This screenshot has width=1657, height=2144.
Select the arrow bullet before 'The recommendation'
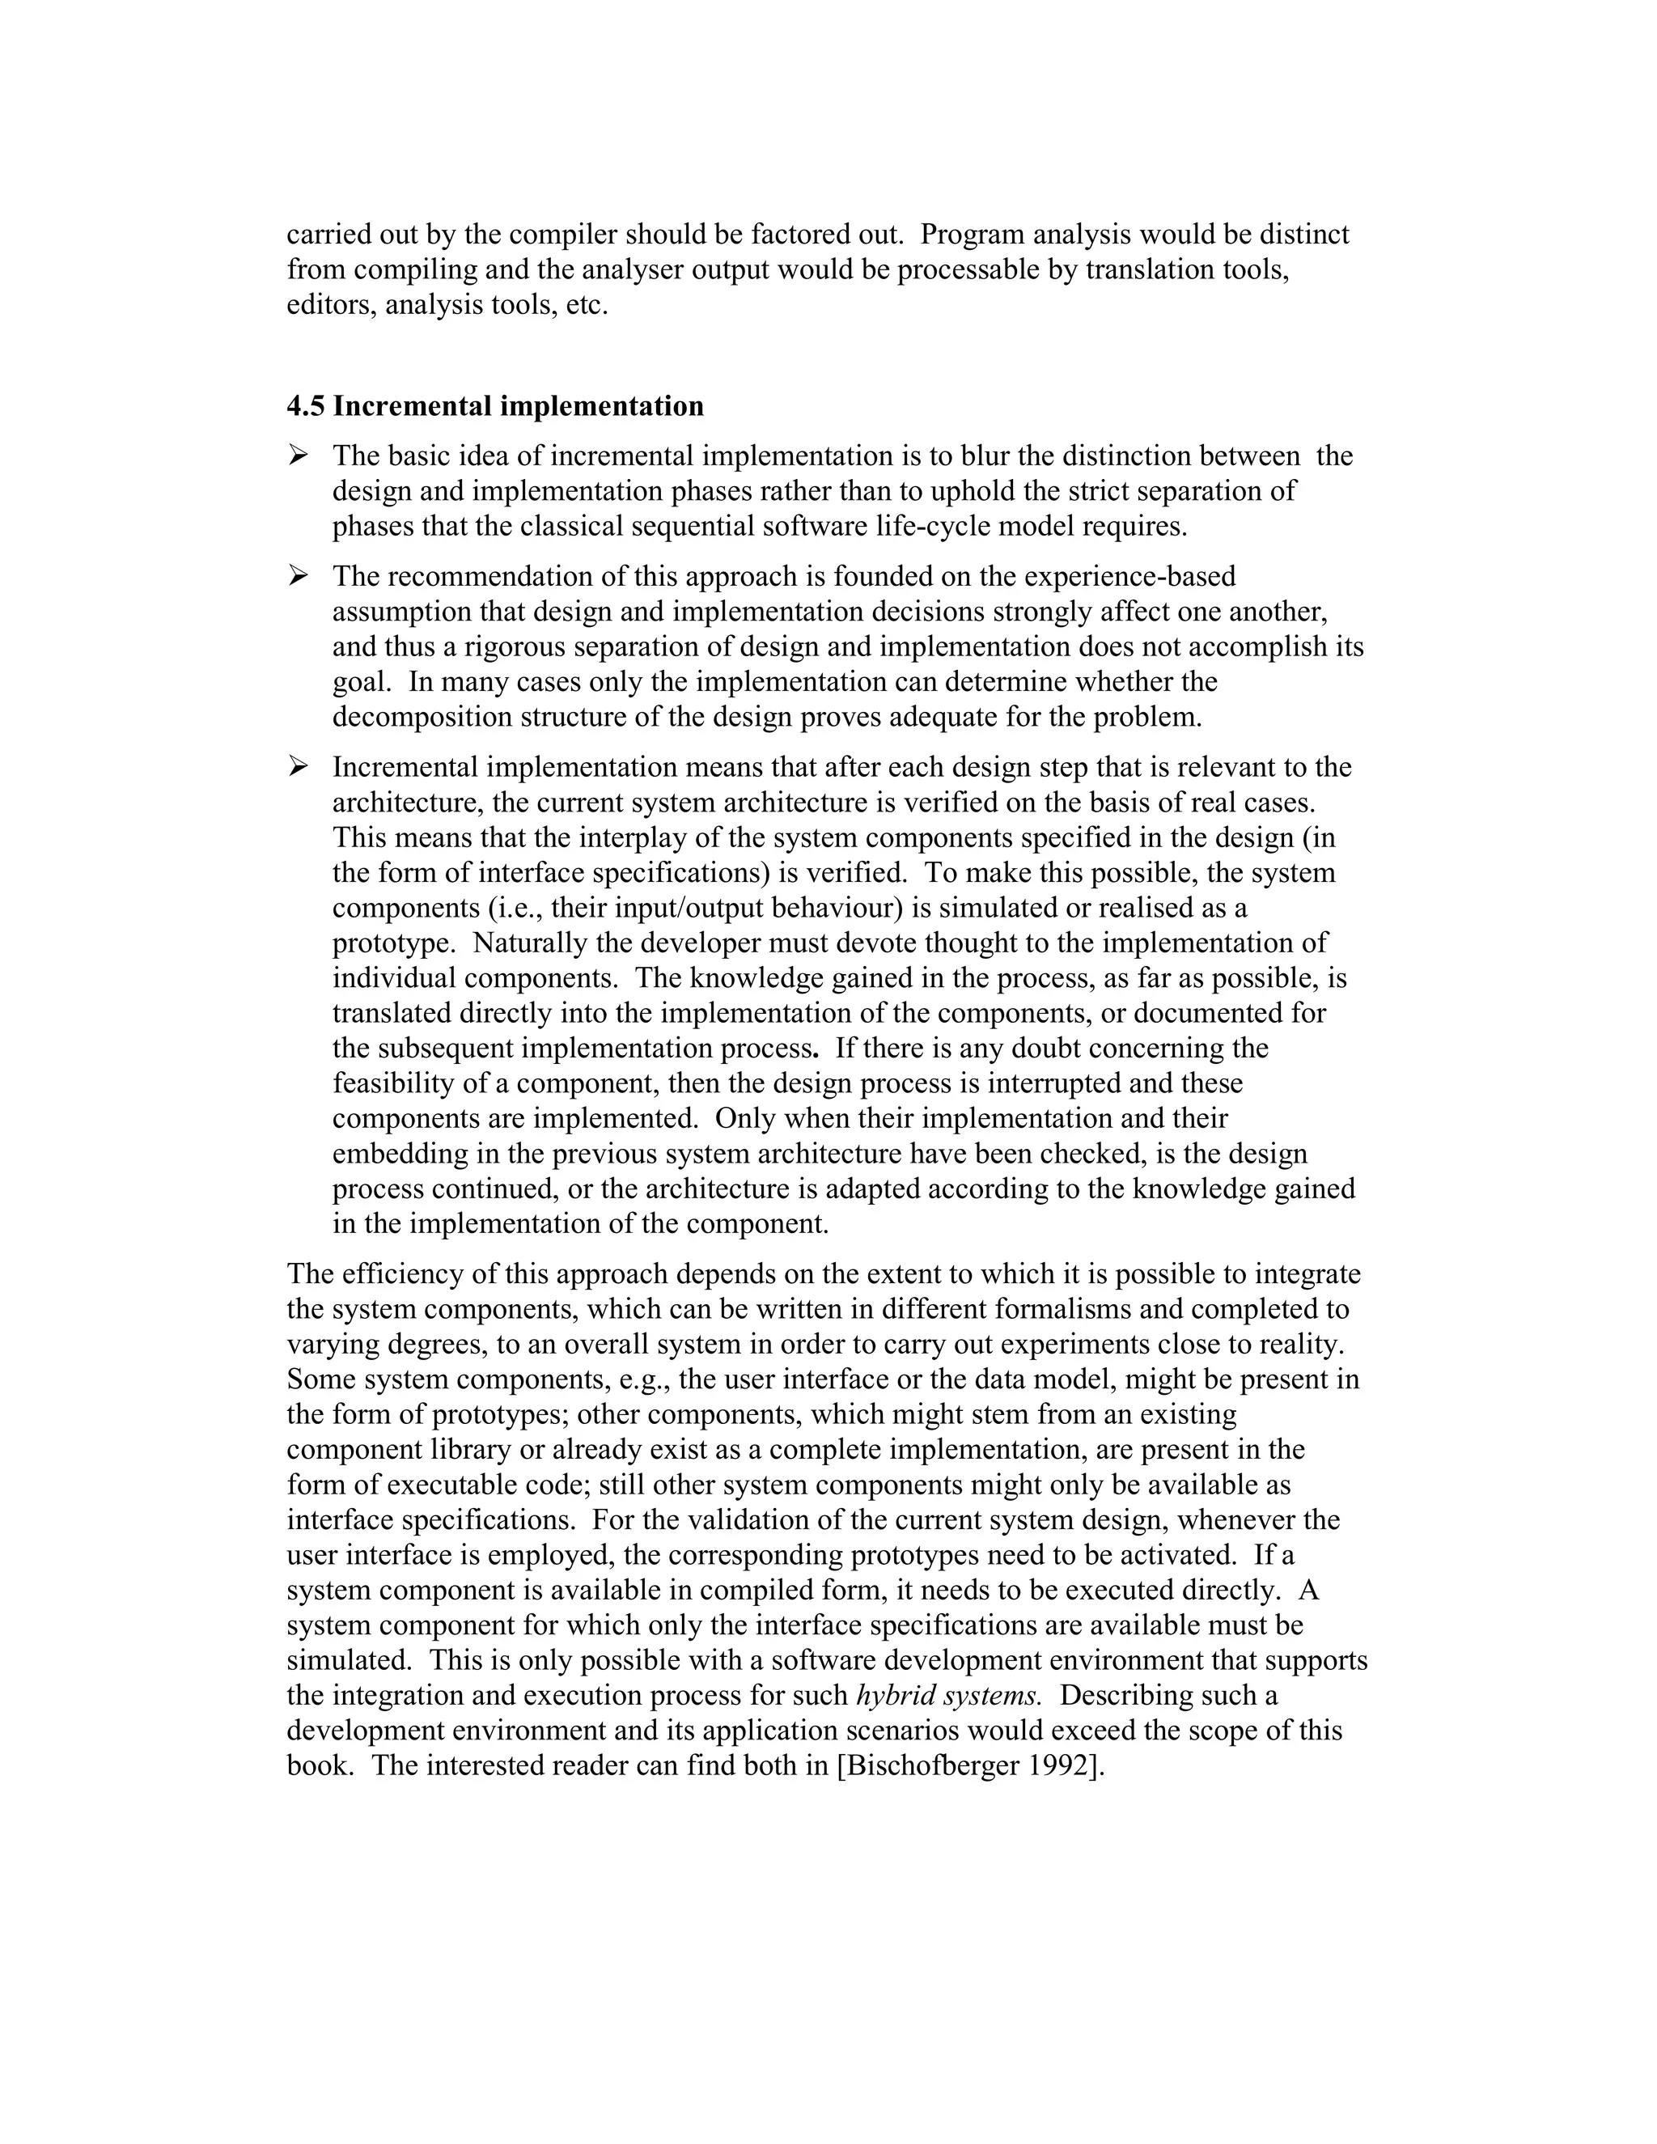coord(299,575)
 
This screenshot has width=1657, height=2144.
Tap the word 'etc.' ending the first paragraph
coord(587,305)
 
